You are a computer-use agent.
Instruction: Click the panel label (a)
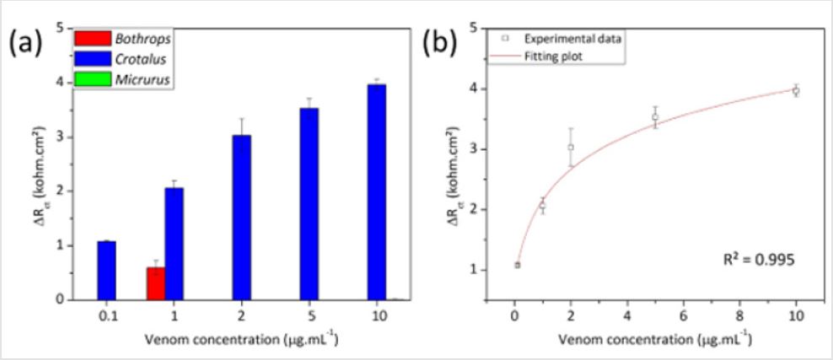tap(25, 41)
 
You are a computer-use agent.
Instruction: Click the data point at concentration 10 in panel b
tap(795, 90)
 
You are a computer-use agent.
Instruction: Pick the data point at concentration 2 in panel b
tap(571, 147)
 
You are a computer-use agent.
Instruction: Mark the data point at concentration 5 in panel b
tap(655, 117)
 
